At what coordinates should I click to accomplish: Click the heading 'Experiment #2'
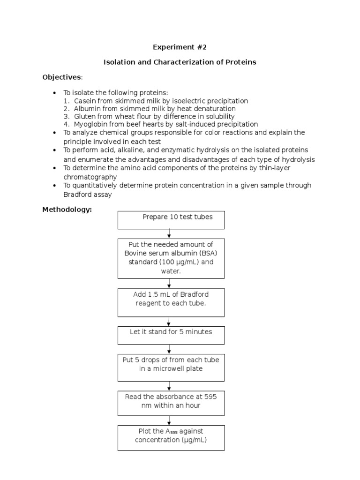coord(180,47)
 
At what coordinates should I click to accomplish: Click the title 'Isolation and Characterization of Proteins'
coord(180,62)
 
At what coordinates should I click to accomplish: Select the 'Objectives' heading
coord(62,77)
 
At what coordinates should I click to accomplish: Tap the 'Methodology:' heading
coord(67,210)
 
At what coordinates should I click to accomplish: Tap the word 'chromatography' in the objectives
coord(90,177)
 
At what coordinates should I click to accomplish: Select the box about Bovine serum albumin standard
coord(171,258)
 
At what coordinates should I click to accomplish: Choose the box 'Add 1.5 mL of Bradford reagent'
coord(171,303)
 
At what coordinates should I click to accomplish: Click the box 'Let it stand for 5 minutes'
coord(171,335)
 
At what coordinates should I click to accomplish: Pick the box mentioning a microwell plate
coord(171,367)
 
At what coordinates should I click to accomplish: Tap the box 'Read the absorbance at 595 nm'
coord(171,403)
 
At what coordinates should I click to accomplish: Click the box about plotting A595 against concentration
coord(171,438)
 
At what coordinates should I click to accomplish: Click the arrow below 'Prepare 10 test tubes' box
coord(169,233)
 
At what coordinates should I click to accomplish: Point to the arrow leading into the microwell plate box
coord(169,349)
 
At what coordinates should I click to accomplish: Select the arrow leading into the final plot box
coord(169,420)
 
